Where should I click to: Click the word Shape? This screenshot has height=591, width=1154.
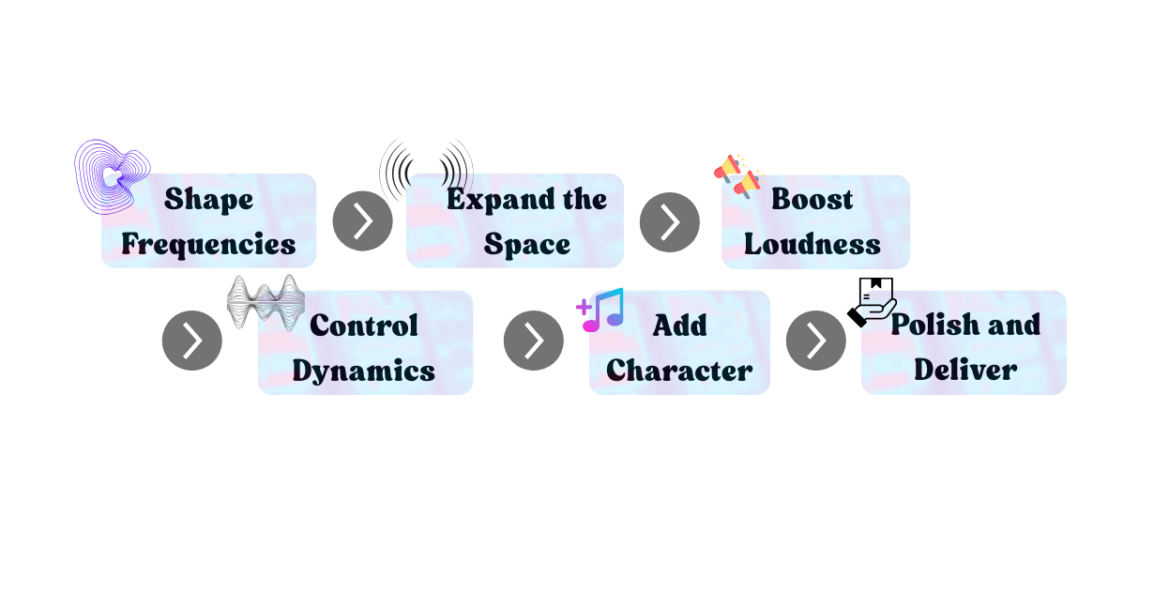coord(208,200)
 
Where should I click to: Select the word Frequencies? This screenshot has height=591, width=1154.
coord(208,244)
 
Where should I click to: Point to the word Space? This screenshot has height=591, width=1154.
coord(527,244)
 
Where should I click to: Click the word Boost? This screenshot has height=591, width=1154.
coord(812,199)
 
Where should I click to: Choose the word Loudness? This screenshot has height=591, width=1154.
coord(812,244)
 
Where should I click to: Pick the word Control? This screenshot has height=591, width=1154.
coord(364,326)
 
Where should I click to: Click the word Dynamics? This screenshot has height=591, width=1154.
coord(364,371)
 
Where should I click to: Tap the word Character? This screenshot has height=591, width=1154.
coord(679,371)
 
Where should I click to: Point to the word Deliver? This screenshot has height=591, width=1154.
coord(965,370)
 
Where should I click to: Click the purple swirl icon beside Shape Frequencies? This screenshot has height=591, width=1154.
coord(113,176)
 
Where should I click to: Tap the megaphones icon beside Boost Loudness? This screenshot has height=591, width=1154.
coord(738,176)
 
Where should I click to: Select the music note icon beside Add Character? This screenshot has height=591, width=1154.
coord(600,310)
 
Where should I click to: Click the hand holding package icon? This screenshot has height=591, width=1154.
coord(873,302)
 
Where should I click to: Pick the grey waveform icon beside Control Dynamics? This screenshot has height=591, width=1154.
coord(266,302)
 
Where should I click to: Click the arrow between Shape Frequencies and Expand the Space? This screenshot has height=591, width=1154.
coord(363,221)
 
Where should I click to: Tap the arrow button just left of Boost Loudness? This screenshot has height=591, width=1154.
coord(670,222)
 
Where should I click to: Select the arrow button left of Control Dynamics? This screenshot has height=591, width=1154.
coord(192,341)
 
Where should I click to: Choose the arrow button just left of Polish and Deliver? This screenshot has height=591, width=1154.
coord(816,341)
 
